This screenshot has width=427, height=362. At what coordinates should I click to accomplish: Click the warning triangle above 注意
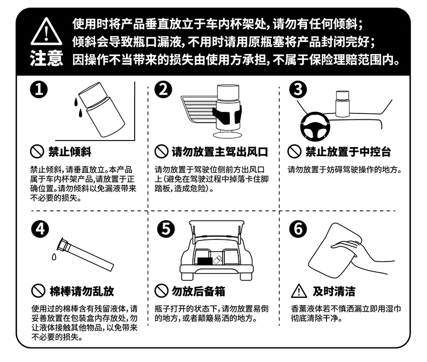point(46,32)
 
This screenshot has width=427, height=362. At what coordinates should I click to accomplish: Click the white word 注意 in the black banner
point(46,58)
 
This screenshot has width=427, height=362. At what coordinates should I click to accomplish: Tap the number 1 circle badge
point(39,90)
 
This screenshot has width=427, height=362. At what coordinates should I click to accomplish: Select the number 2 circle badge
point(163,90)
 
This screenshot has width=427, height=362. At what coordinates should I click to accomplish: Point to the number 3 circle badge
point(298,90)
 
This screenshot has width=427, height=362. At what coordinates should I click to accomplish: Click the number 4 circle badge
point(40,229)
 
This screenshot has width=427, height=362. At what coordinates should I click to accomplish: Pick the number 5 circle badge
point(166,229)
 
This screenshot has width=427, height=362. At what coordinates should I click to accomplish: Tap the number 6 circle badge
point(298,229)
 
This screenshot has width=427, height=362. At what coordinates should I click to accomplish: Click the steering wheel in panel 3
point(315,127)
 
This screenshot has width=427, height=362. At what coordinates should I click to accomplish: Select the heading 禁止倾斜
point(70,152)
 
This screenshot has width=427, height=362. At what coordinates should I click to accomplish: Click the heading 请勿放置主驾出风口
point(220,152)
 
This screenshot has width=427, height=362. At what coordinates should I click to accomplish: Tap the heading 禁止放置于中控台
point(348,152)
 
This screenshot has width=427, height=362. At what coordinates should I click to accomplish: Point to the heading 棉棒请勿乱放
point(82,291)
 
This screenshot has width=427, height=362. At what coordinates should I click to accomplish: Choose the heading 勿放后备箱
point(198,291)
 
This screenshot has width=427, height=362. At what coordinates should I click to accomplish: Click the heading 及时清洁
point(334,291)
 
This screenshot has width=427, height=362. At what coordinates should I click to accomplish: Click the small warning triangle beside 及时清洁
point(299,291)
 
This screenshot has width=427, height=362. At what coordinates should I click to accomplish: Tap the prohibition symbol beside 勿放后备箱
point(161,291)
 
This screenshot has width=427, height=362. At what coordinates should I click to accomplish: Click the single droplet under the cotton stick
point(54,257)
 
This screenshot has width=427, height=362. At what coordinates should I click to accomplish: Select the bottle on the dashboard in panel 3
point(342,104)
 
